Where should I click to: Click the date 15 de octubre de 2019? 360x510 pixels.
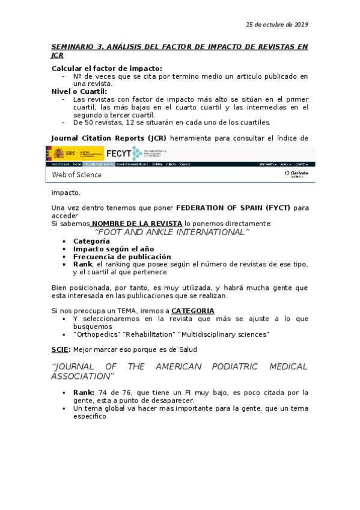tap(277, 25)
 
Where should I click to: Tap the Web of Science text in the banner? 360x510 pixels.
tap(76, 175)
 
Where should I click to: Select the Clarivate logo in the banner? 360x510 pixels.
tap(296, 174)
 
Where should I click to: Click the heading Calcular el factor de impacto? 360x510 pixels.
tap(106, 69)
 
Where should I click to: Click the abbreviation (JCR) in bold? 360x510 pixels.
tap(155, 137)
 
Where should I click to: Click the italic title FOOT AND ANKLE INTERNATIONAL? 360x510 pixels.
tap(172, 232)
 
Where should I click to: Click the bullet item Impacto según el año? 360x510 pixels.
tap(113, 249)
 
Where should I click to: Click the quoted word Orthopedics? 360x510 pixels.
tap(95, 334)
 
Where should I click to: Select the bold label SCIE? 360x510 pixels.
tap(61, 349)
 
